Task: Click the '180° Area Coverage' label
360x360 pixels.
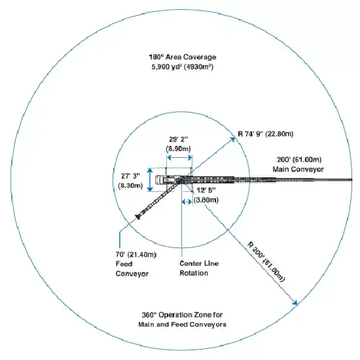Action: tap(183, 57)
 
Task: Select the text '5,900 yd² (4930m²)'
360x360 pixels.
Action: tap(183, 67)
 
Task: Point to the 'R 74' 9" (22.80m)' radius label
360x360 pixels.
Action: tap(266, 134)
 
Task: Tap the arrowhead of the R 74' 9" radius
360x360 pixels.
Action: tap(234, 139)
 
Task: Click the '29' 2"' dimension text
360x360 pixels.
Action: tap(179, 139)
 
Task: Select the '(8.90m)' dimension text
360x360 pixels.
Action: tap(179, 149)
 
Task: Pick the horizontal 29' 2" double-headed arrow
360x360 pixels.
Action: tap(179, 158)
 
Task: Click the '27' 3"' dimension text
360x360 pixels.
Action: tap(131, 176)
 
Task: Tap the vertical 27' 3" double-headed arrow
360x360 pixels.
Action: tap(150, 180)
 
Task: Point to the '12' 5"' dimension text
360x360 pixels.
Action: tap(206, 190)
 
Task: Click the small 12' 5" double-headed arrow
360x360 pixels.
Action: tap(187, 202)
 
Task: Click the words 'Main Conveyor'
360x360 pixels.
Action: tap(298, 170)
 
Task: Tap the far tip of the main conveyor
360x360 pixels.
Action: tap(351, 179)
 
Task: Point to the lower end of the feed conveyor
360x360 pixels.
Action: tap(138, 217)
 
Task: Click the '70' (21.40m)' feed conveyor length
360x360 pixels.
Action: tap(136, 255)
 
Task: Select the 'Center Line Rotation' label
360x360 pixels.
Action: tap(199, 268)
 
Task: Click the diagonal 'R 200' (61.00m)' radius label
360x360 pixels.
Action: tap(266, 262)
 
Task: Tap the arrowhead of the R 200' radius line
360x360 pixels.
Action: tap(295, 303)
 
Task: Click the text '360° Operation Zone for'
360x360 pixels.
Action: tap(182, 315)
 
